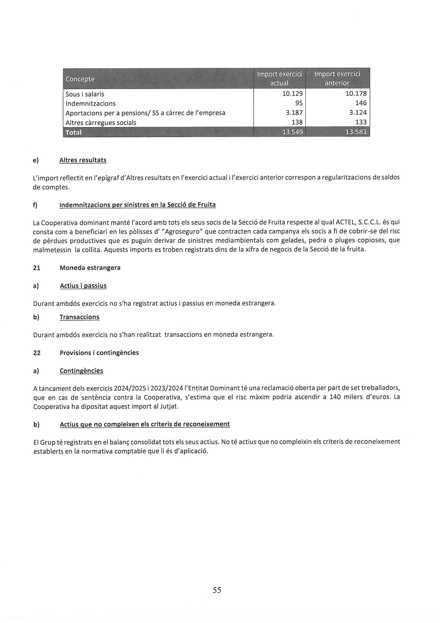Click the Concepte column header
pyautogui.click(x=80, y=79)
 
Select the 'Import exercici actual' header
pyautogui.click(x=279, y=78)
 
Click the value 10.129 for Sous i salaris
pyautogui.click(x=292, y=94)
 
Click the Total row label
pyautogui.click(x=73, y=132)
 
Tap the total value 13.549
pyautogui.click(x=292, y=132)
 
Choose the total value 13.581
pyautogui.click(x=356, y=132)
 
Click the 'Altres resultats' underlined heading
pyautogui.click(x=83, y=160)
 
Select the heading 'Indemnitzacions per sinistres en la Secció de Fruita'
pyautogui.click(x=137, y=205)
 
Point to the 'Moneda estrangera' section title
pyautogui.click(x=90, y=268)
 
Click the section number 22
pyautogui.click(x=37, y=353)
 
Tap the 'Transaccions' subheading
pyautogui.click(x=79, y=317)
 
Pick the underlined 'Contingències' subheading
pyautogui.click(x=81, y=371)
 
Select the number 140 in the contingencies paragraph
pyautogui.click(x=335, y=397)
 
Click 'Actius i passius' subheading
pyautogui.click(x=83, y=286)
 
